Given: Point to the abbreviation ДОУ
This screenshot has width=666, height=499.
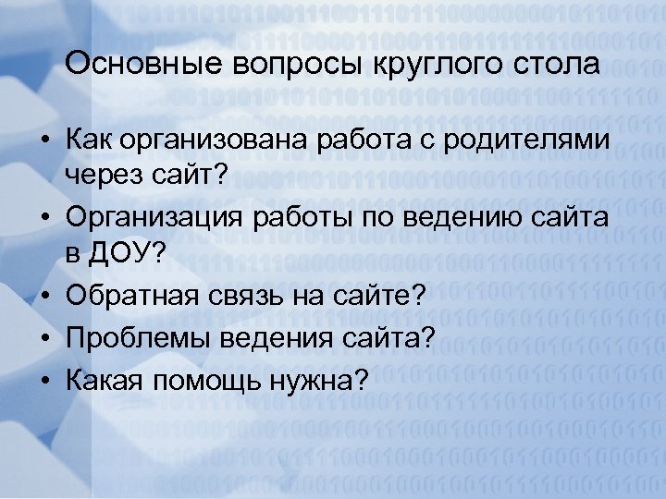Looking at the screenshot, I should (127, 252).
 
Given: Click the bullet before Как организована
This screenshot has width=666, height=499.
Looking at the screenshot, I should (44, 140).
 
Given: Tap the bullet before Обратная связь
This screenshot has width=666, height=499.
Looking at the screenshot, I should (44, 296).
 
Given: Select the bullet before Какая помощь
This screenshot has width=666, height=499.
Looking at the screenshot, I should (44, 378).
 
